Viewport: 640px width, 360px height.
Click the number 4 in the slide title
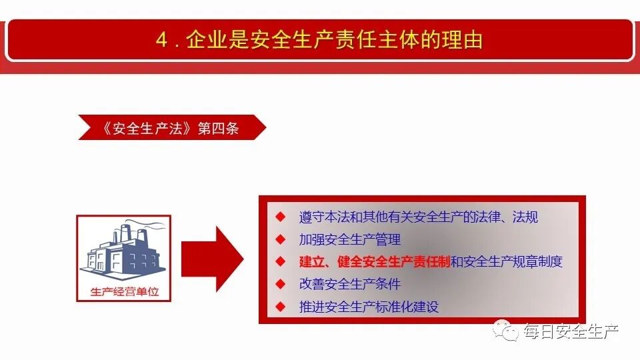pos(162,40)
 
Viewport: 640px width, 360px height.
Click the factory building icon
pos(123,251)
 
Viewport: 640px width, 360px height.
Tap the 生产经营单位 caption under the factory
pos(124,291)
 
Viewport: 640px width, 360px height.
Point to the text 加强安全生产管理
pos(350,239)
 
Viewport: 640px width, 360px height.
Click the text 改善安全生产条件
pos(350,284)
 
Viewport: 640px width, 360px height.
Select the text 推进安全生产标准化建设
pos(369,307)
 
